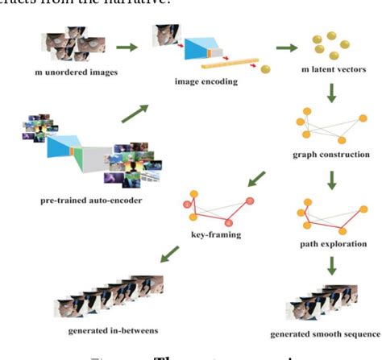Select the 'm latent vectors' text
(x=334, y=70)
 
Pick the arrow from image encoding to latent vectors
(x=285, y=48)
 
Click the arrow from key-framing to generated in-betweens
(x=169, y=256)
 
